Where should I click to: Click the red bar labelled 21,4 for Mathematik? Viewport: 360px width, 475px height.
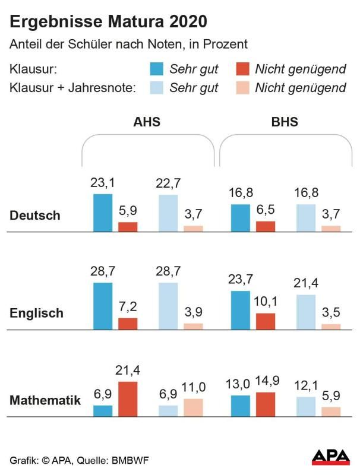click(128, 400)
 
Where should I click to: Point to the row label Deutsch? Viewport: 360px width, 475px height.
click(35, 216)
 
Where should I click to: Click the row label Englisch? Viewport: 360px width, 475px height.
click(36, 313)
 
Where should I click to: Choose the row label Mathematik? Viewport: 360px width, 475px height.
click(45, 401)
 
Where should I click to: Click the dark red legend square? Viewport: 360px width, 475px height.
click(242, 68)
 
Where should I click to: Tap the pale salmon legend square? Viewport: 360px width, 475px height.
click(242, 88)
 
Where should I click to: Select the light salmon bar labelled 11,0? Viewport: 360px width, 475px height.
click(193, 408)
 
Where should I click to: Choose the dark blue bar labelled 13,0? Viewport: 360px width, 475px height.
click(239, 406)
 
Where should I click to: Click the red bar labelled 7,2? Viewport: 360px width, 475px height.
click(128, 324)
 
